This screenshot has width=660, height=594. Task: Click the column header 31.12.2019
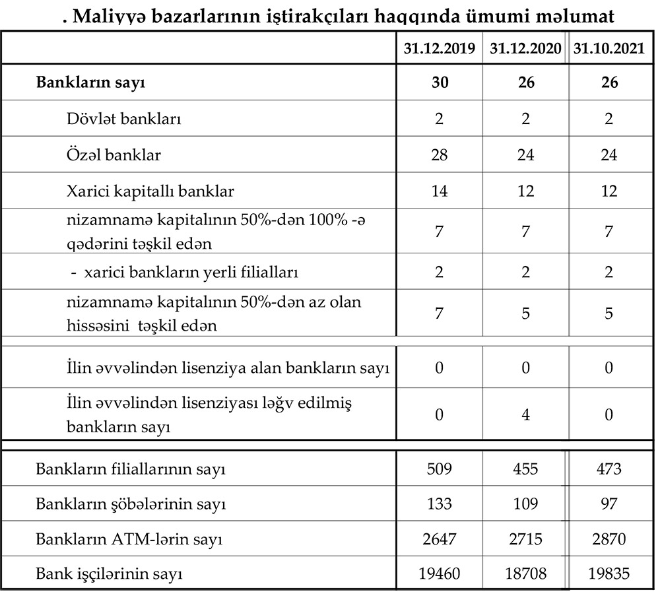pos(440,49)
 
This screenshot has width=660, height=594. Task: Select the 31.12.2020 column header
pos(526,49)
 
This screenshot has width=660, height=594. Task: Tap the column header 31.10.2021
pos(609,49)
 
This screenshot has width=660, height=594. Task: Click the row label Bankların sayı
pos(90,83)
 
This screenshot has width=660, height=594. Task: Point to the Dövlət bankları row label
pos(124,119)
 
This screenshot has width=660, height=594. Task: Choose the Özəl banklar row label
pos(114,155)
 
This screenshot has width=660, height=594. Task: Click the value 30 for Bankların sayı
pos(440,83)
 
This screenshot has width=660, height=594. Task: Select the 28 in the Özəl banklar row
pos(440,155)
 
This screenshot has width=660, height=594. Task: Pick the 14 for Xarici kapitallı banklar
pos(440,191)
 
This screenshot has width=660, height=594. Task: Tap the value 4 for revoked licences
pos(526,414)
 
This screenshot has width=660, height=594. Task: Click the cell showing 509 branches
pos(440,469)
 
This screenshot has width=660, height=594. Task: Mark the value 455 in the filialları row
pos(526,469)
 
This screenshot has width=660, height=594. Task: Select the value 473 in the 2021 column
pos(609,469)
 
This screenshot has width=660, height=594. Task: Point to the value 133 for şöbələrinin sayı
pos(440,504)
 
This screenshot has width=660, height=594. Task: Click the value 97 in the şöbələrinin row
pos(609,504)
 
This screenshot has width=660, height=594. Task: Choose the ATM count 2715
pos(526,539)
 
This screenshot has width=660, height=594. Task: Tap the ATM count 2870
pos(609,539)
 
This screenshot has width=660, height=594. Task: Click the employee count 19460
pos(440,574)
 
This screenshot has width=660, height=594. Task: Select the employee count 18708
pos(526,574)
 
